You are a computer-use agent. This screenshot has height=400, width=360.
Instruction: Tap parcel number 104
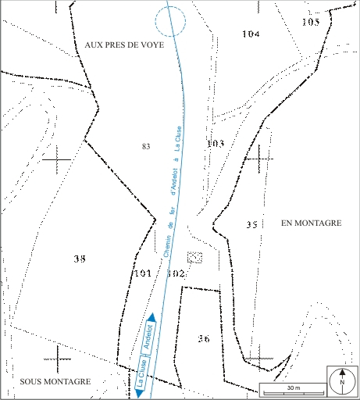251,34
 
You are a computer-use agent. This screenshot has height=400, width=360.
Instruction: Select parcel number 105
310,22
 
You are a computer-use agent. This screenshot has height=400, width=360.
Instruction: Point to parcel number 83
146,147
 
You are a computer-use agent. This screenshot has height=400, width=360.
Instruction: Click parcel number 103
216,144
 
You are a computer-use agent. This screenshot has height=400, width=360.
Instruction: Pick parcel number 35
251,225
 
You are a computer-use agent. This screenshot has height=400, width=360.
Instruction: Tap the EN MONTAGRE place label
311,223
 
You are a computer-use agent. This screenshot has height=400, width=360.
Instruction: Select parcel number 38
79,259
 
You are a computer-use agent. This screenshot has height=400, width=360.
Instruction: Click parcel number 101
142,274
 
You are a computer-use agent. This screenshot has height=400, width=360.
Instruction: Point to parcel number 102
176,274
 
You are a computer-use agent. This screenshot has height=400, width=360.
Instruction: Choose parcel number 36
204,338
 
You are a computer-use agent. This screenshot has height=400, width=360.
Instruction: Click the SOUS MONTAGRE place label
57,381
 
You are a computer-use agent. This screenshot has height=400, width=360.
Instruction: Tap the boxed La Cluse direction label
141,373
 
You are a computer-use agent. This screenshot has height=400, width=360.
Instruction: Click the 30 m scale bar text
293,387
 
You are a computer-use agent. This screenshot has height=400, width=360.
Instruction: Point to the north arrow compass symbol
342,382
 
